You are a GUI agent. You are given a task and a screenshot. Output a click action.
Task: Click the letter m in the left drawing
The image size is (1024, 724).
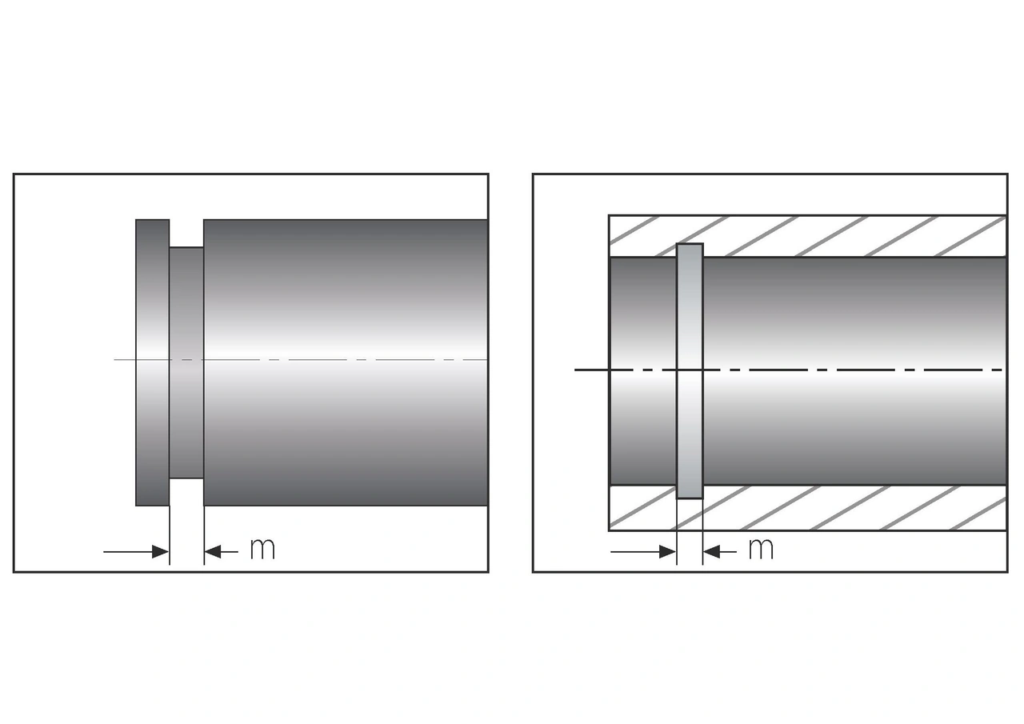(x=262, y=549)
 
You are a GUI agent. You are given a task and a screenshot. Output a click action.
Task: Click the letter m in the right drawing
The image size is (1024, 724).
(x=761, y=549)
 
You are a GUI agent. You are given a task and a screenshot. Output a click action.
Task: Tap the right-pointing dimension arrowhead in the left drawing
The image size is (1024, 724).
(x=160, y=551)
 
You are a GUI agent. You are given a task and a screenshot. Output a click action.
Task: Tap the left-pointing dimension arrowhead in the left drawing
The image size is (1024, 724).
(x=213, y=551)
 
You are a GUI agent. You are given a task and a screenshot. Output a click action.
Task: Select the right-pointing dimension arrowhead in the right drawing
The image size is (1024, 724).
(x=667, y=551)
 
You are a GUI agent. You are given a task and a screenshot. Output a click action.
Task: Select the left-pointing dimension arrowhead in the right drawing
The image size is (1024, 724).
(x=712, y=551)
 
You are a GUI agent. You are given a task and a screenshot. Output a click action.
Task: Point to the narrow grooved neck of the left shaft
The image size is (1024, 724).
(x=186, y=320)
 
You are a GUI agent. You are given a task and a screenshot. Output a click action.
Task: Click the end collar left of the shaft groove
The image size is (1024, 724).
(x=152, y=304)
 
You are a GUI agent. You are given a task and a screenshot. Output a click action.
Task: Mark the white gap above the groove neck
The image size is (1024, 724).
(x=186, y=233)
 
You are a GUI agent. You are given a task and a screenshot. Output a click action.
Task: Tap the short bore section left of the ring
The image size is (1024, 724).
(x=642, y=320)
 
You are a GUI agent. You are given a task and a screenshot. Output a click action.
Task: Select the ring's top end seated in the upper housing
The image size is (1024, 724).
(x=690, y=250)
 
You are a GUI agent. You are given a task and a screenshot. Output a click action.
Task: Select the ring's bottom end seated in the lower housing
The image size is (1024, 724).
(x=690, y=492)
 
